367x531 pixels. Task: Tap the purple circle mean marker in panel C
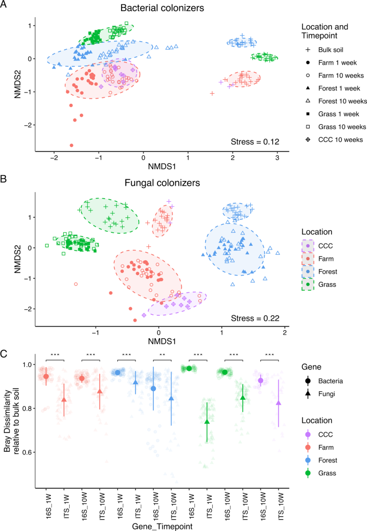[261, 381]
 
